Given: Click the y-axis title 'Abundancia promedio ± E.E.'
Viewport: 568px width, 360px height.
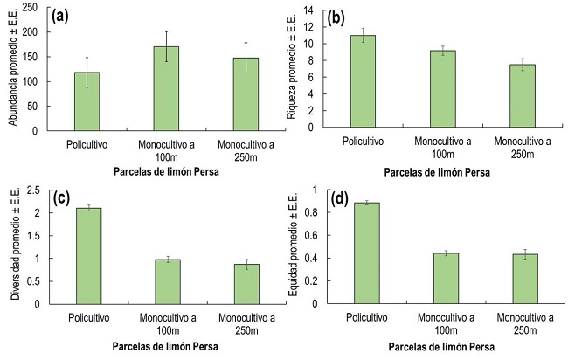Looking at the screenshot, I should (x=12, y=69).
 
